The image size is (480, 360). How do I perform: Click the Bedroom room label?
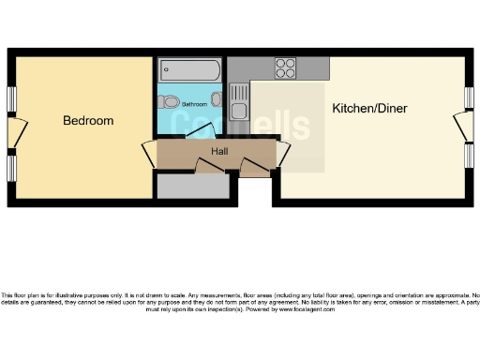click(88, 121)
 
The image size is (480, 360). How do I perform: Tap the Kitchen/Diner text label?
click(369, 108)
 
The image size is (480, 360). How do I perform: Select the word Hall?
click(219, 150)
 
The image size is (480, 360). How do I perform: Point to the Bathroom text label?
click(194, 104)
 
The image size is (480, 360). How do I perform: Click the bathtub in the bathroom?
click(189, 68)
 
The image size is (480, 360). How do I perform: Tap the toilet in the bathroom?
click(170, 101)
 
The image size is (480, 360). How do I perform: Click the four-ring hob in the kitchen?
click(286, 67)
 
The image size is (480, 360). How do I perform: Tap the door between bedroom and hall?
click(149, 154)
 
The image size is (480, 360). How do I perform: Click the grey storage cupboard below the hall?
click(192, 187)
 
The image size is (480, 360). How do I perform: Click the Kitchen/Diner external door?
click(461, 127)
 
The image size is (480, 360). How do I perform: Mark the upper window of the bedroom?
click(11, 99)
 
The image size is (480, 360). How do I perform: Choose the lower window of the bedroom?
click(11, 167)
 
